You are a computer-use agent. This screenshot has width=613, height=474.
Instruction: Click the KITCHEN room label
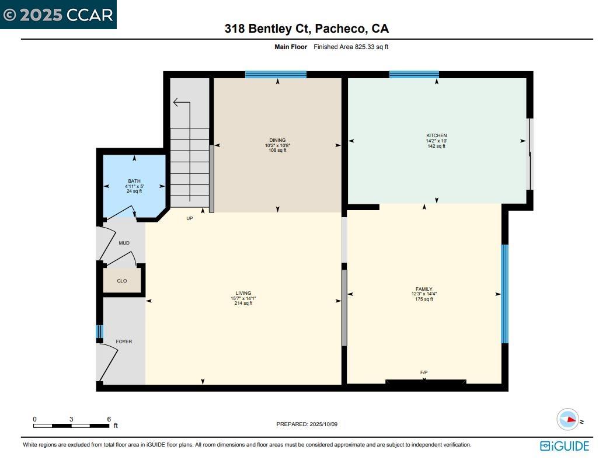tap(436, 135)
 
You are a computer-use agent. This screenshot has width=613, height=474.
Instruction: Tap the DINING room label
tap(277, 140)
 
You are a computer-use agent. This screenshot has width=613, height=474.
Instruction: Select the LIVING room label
tap(243, 293)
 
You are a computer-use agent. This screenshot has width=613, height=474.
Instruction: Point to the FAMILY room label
tap(424, 289)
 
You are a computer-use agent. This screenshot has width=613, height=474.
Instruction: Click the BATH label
tap(134, 181)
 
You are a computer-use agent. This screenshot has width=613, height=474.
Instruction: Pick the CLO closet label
tap(122, 281)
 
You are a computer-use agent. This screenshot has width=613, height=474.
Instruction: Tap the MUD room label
tap(124, 243)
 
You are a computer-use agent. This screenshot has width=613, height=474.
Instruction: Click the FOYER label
tap(124, 341)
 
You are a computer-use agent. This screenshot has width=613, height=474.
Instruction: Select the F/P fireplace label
tap(424, 372)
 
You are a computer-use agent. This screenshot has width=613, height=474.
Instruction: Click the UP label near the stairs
tap(189, 218)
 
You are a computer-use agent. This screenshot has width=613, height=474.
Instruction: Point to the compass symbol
tap(567, 420)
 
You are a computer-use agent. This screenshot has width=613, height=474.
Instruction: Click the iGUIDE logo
tap(565, 446)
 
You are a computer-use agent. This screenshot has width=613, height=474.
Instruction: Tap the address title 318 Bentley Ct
tap(306, 29)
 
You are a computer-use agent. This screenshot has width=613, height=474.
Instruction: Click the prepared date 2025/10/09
tap(306, 424)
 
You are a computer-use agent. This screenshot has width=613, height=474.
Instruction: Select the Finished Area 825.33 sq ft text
tap(351, 47)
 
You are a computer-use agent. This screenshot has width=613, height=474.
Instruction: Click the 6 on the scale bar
tap(109, 419)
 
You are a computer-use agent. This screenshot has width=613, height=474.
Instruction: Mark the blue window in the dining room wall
tap(276, 74)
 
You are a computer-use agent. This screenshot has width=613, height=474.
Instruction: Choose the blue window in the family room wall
tap(505, 294)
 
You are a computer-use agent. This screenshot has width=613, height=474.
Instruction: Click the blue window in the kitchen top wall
tap(414, 74)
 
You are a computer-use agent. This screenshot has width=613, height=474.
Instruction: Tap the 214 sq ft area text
tap(243, 304)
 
